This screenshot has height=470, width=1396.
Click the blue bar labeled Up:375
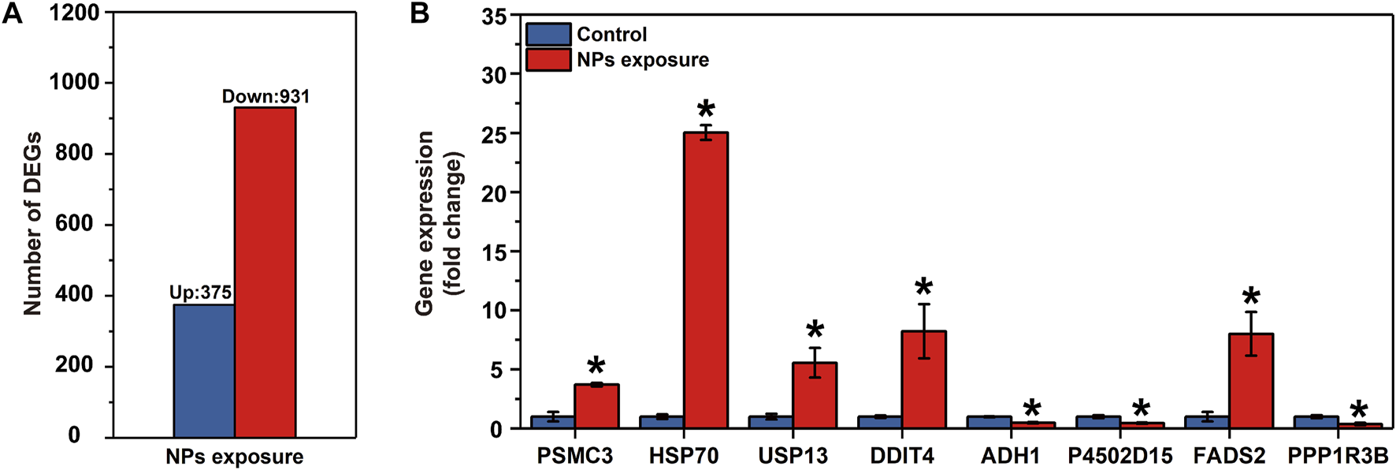[203, 371]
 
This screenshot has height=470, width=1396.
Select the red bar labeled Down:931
[265, 272]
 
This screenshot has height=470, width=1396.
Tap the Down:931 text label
[265, 96]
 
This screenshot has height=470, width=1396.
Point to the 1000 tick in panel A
[75, 82]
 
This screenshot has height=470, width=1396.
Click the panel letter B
[420, 13]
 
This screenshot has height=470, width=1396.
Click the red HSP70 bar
[706, 280]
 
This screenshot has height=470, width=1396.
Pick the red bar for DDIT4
[924, 379]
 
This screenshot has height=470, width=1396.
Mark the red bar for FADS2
[1251, 381]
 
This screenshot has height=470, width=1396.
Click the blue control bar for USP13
[770, 422]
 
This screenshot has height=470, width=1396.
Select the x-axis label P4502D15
[1119, 457]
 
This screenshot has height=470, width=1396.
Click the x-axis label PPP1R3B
[1338, 457]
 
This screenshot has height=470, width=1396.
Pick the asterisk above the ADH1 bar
[1032, 408]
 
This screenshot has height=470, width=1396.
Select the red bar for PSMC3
[596, 406]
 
